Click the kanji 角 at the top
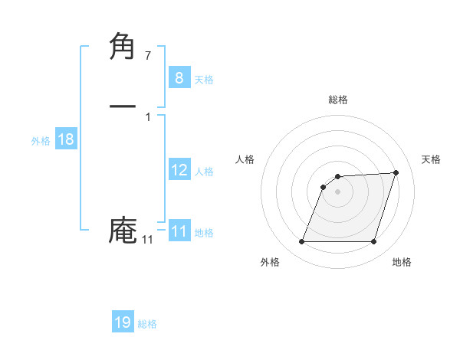point(123,47)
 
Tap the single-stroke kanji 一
point(123,106)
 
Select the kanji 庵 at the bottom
point(123,231)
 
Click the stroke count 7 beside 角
point(148,55)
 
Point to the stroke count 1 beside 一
point(148,117)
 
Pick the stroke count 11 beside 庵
point(147,240)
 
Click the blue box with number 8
point(179,77)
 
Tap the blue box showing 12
point(179,170)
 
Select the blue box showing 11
point(179,231)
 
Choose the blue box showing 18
point(65,139)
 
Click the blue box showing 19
point(122,322)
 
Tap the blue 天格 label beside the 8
point(204,80)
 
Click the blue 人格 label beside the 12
point(204,172)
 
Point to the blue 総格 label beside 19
point(147,324)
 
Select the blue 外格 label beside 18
point(41,141)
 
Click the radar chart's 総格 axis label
point(337,100)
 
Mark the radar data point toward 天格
point(396,172)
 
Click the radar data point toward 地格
point(373,241)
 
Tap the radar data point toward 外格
point(301,241)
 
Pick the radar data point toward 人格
point(324,186)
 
